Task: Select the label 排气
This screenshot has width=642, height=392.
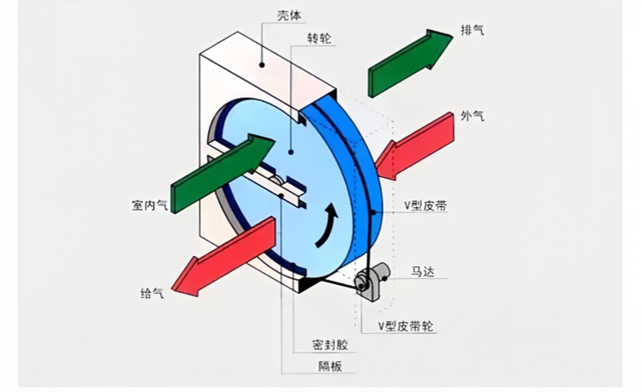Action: [473, 31]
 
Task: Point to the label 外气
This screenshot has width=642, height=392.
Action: [473, 116]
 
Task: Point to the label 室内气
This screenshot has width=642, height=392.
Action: [148, 206]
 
